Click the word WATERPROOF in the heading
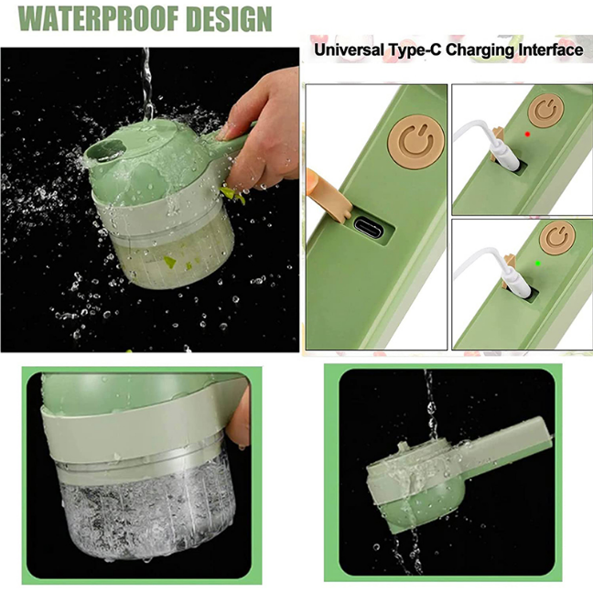tap(98, 18)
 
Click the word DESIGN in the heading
tap(229, 18)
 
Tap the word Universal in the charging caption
tap(349, 50)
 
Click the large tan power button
tap(416, 142)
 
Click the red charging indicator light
tap(528, 135)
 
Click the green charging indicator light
tap(538, 264)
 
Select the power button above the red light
tap(545, 110)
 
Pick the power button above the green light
tap(557, 238)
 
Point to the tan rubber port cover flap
tap(329, 196)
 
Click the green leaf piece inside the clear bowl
tap(170, 262)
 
